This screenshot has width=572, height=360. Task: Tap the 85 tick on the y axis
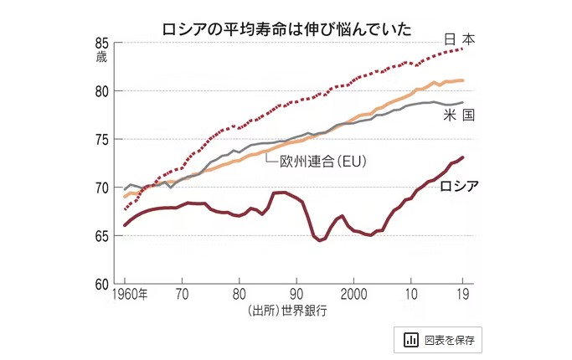(x=102, y=44)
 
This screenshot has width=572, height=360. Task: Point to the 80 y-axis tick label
(x=102, y=91)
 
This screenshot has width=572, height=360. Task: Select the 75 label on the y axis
(x=102, y=140)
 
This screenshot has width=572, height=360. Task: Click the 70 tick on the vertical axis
(x=102, y=188)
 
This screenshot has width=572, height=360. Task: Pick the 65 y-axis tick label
(x=102, y=237)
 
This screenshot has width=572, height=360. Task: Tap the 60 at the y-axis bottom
(x=102, y=285)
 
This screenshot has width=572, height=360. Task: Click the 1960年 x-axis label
(x=131, y=294)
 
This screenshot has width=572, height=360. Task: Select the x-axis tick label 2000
(x=353, y=294)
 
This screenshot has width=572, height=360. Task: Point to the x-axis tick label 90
(x=296, y=294)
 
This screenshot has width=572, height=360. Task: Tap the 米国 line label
(x=459, y=115)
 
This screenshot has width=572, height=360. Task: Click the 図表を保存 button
(x=437, y=339)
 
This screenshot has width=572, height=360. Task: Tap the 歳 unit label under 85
(x=102, y=58)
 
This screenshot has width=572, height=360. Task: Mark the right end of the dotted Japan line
(x=463, y=49)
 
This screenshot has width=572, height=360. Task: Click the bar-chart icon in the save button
(x=411, y=339)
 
